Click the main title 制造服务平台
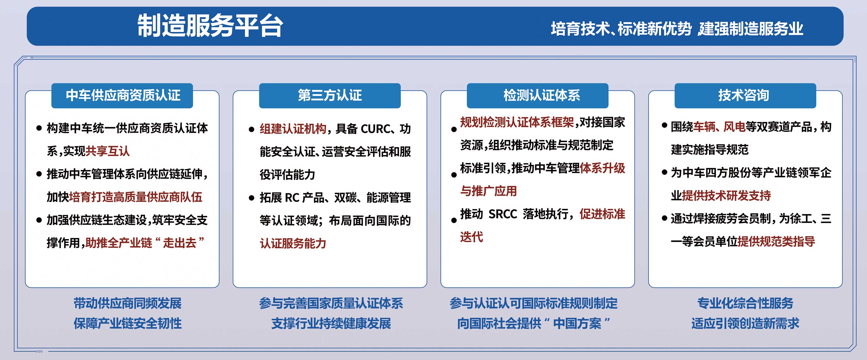210,26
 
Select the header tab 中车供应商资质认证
123,95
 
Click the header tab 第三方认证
330,95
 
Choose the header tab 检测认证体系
542,95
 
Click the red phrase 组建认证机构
293,129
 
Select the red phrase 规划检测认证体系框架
517,122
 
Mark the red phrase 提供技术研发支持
726,195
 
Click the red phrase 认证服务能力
293,243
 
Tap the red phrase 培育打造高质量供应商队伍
136,197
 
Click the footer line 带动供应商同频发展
128,303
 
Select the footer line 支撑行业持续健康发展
331,323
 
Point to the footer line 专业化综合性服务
745,303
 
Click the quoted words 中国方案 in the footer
577,323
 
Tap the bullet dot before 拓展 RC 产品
251,198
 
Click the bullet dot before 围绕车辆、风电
664,125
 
